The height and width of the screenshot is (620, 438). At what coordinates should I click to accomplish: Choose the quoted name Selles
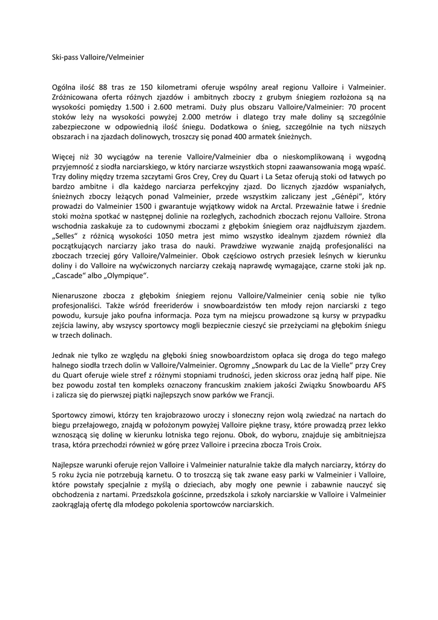point(65,236)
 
